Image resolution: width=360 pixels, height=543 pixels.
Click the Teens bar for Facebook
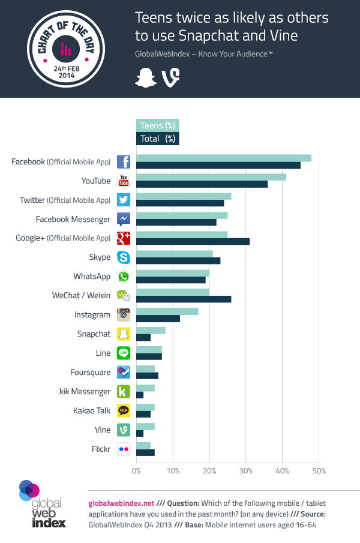coord(223,158)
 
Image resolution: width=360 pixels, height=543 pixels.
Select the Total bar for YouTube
coord(202,184)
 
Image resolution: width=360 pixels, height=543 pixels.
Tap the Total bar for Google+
coord(193,241)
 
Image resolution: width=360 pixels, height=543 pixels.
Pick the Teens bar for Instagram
coord(167,311)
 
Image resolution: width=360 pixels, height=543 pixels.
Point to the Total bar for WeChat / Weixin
coord(184,299)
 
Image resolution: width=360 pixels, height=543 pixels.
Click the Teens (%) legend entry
coord(157,125)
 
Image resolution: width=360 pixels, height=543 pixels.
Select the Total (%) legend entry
coord(157,139)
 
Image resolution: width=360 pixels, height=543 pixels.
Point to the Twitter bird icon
coord(124,200)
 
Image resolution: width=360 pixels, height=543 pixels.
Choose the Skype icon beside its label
coord(124,257)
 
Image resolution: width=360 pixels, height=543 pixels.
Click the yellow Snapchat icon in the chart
coord(124,334)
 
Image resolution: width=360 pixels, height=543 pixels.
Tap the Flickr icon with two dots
coord(124,449)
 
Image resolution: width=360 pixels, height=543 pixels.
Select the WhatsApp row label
coord(92,277)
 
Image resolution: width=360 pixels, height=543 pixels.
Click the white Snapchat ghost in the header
coord(144,78)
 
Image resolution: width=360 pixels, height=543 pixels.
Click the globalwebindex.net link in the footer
coord(121,503)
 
